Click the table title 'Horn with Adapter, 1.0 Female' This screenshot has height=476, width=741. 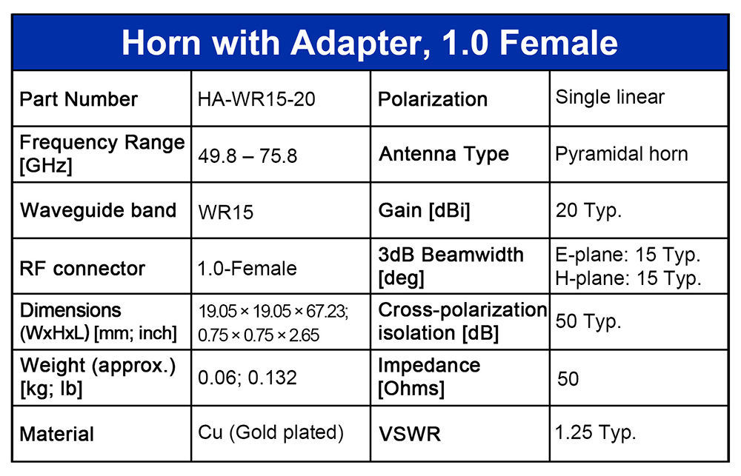(370, 43)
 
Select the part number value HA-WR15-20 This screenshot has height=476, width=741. (256, 99)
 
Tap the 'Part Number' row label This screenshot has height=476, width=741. (79, 99)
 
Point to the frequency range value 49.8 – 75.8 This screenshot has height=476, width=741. (247, 156)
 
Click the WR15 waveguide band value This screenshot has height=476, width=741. (226, 212)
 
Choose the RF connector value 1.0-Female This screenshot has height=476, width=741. (247, 269)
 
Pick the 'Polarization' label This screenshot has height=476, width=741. (433, 99)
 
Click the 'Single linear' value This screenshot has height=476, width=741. (610, 97)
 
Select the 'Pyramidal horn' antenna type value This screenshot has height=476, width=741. (622, 155)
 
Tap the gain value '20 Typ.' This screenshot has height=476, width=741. (588, 211)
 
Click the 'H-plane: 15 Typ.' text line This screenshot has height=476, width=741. (628, 278)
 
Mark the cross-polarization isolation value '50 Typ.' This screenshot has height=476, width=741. (588, 321)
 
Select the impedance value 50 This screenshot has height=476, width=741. (568, 379)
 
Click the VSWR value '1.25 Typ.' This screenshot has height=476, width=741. (596, 432)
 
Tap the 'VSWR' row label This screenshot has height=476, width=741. (410, 434)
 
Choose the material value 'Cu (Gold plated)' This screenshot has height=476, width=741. (270, 432)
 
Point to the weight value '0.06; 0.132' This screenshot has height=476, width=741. (247, 378)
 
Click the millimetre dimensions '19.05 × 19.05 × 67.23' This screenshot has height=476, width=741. (273, 312)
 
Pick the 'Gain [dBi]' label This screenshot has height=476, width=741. (425, 211)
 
